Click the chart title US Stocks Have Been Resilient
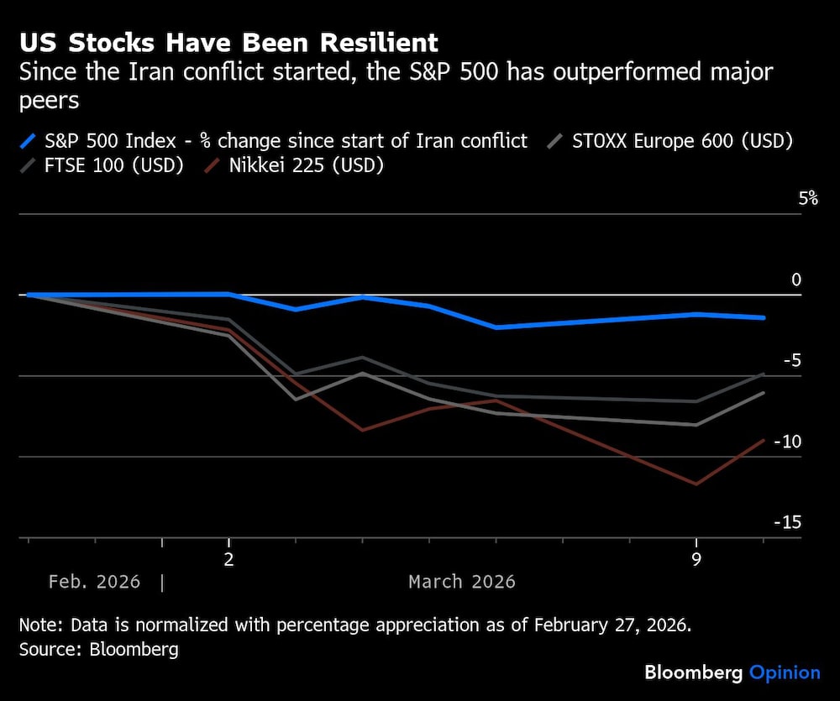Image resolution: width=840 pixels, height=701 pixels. click(x=228, y=43)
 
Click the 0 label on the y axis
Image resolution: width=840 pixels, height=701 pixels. click(x=796, y=280)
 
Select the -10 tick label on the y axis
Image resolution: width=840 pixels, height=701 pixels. click(x=788, y=442)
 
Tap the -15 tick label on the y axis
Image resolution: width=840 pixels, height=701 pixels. click(x=788, y=522)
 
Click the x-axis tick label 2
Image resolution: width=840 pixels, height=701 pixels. click(x=228, y=558)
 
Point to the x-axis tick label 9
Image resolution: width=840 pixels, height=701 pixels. click(x=696, y=558)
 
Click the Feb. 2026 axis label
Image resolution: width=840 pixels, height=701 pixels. click(x=94, y=582)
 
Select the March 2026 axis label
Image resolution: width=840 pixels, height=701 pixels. click(x=462, y=582)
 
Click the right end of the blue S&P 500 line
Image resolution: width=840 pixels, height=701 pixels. click(x=764, y=318)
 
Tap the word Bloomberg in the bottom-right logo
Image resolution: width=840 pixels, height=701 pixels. click(x=694, y=672)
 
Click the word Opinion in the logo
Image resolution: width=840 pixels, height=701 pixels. click(x=785, y=672)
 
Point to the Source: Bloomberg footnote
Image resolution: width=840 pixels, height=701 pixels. click(x=98, y=650)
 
